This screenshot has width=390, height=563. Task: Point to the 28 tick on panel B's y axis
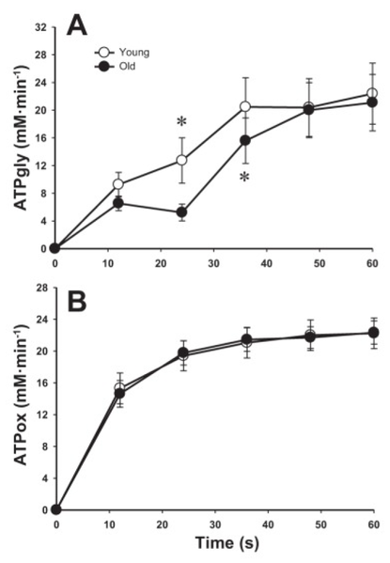coord(40,288)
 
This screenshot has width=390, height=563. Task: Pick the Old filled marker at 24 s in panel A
coord(181,212)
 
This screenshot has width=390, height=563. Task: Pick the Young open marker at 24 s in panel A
coord(181,161)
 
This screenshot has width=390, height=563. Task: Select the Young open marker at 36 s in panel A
coord(245,106)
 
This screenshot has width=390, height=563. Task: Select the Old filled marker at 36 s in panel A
coord(245,141)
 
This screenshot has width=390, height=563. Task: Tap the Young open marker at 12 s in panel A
coord(118,184)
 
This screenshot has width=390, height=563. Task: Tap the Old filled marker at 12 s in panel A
coord(118,203)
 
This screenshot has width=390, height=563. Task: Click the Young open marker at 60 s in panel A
coord(372,94)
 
